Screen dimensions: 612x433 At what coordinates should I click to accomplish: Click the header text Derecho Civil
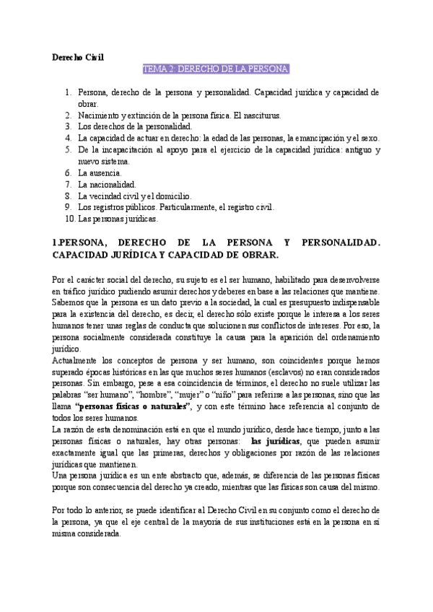pyautogui.click(x=79, y=56)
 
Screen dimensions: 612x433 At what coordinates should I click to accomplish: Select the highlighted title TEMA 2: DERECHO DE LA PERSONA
pyautogui.click(x=216, y=69)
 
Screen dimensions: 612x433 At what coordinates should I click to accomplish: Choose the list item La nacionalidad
pyautogui.click(x=107, y=184)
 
